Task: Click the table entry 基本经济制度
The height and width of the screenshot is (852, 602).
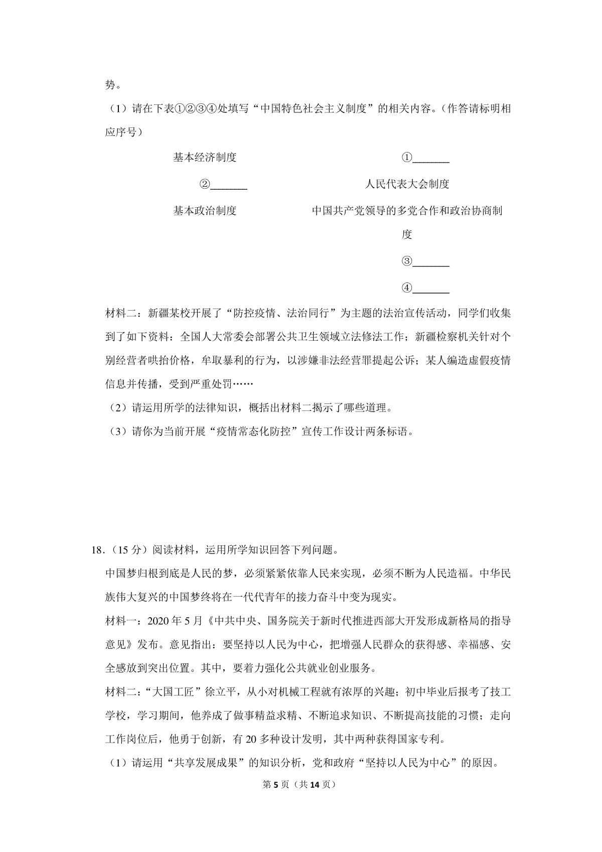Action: (205, 158)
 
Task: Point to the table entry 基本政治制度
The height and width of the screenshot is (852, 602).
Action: (205, 211)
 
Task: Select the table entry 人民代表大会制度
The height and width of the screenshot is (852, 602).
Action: (407, 184)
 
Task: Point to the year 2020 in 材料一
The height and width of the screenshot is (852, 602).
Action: (159, 621)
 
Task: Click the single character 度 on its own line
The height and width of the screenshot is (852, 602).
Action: (407, 235)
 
